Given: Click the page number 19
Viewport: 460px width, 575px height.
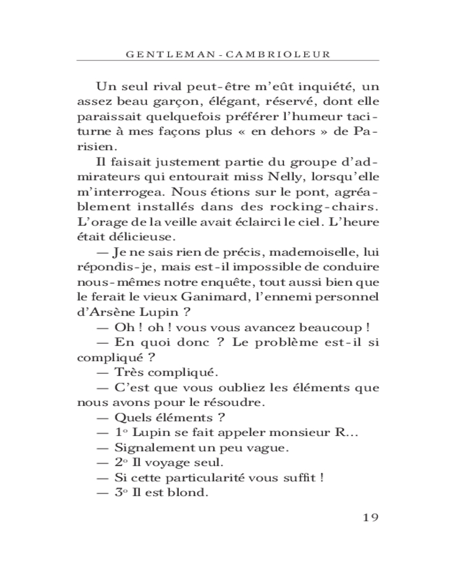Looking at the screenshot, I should pyautogui.click(x=369, y=516).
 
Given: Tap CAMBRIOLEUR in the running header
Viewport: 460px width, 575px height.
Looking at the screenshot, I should pyautogui.click(x=282, y=54).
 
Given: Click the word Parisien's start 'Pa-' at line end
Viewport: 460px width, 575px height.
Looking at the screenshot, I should pyautogui.click(x=368, y=131).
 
